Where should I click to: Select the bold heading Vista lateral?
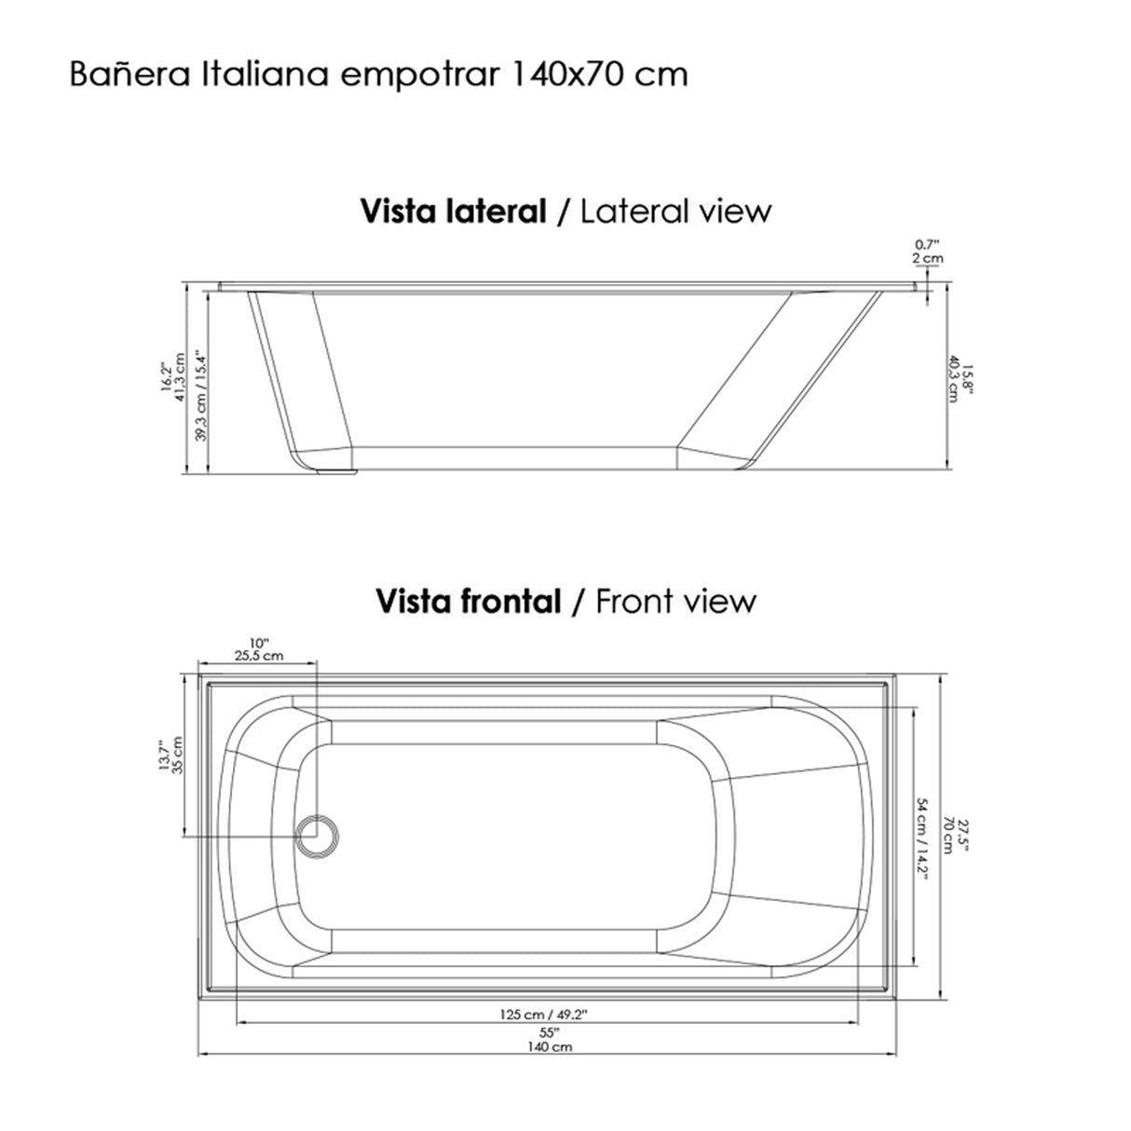[x=453, y=211]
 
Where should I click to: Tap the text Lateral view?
[x=675, y=211]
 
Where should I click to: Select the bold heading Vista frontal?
[x=468, y=602]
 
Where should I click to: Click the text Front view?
[x=675, y=602]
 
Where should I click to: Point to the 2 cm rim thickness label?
[x=927, y=258]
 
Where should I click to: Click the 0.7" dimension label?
[x=927, y=245]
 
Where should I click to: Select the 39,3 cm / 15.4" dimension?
[x=199, y=396]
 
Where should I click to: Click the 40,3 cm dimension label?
[x=953, y=380]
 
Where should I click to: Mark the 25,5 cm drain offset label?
[x=258, y=656]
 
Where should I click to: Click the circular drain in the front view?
[x=319, y=832]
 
